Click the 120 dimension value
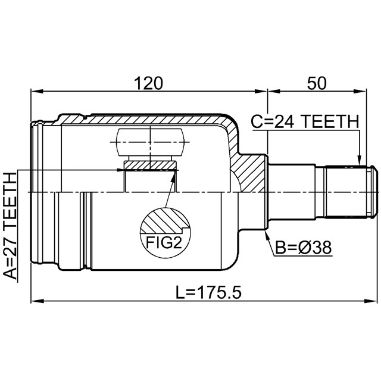pos(148,83)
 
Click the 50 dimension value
pos(317,83)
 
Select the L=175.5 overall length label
pos(208,292)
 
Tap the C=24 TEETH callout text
pos(305,121)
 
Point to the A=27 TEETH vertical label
pos(10,226)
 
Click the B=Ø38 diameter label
pos(303,248)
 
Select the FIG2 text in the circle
pos(164,242)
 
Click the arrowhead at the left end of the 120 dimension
pos(37,91)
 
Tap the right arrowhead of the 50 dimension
pos(360,91)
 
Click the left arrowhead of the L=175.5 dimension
pos(37,301)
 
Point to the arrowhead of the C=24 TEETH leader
pos(360,160)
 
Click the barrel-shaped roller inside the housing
pos(151,142)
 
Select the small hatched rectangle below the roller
pos(149,165)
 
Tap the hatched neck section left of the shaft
pos(248,173)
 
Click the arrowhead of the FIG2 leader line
pos(173,176)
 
